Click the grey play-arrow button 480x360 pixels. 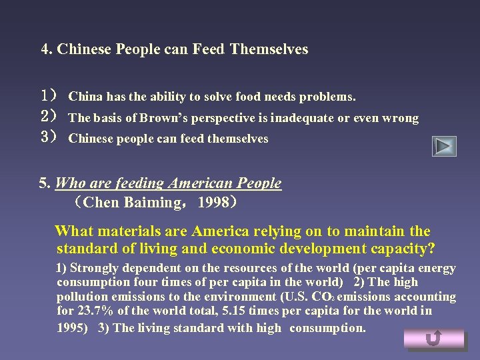[444, 146]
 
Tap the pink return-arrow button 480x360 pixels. [434, 338]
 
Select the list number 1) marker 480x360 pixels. [49, 96]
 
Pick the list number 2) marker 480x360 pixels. [49, 118]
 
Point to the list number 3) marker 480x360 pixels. [49, 139]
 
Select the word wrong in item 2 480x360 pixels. [400, 119]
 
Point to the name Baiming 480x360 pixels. [155, 202]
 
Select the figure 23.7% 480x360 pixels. [95, 311]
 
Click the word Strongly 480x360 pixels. [100, 268]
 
